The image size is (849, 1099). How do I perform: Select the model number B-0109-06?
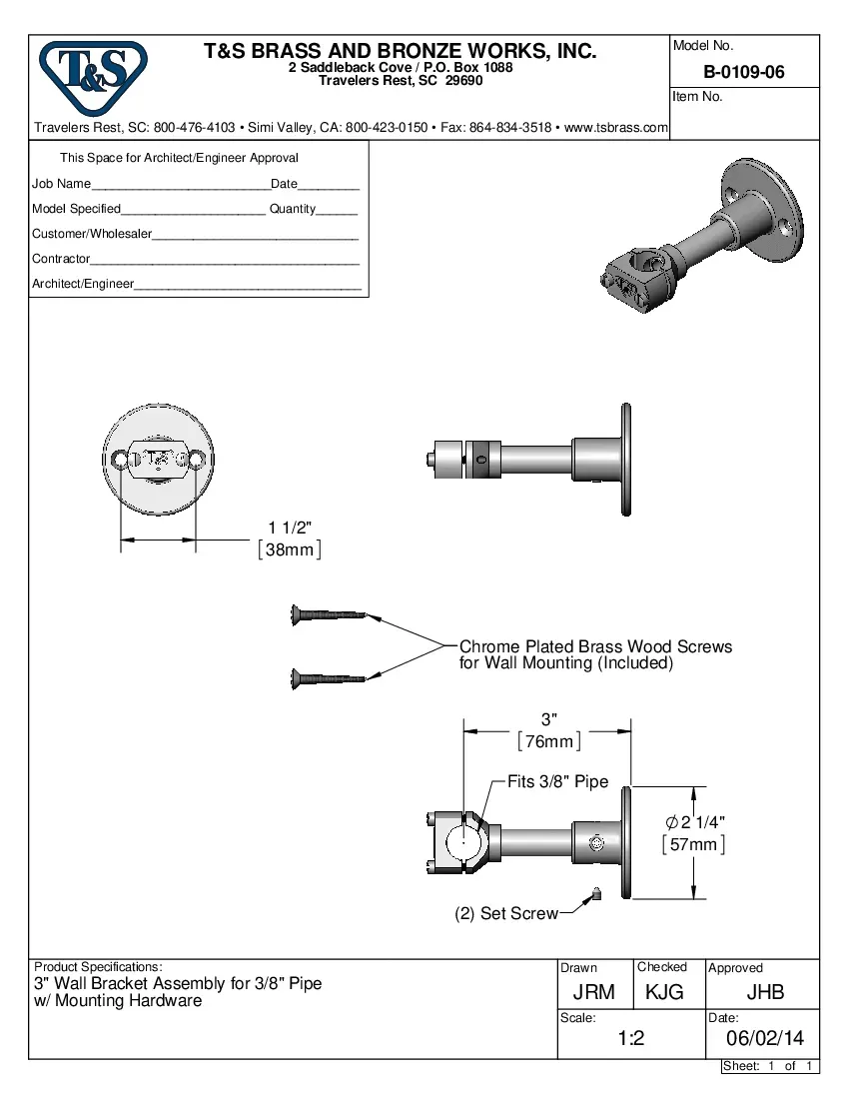click(744, 72)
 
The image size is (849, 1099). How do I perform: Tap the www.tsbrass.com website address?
click(615, 128)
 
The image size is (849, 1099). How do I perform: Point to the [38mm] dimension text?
click(290, 549)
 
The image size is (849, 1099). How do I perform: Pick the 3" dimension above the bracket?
click(548, 719)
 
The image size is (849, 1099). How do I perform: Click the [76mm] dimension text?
click(548, 741)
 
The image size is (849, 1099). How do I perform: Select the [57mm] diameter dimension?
click(693, 844)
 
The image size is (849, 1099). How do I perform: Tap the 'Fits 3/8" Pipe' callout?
click(557, 782)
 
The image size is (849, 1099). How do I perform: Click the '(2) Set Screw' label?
click(506, 913)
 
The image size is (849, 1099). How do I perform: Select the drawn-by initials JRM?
click(593, 992)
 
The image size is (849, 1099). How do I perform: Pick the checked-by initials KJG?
click(664, 992)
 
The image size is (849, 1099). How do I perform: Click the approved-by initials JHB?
click(765, 992)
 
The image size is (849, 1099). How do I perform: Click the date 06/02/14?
click(764, 1039)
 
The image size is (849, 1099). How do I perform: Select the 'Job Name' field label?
click(61, 184)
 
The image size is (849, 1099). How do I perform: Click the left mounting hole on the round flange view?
click(121, 460)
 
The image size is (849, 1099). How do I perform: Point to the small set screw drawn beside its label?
click(595, 894)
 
